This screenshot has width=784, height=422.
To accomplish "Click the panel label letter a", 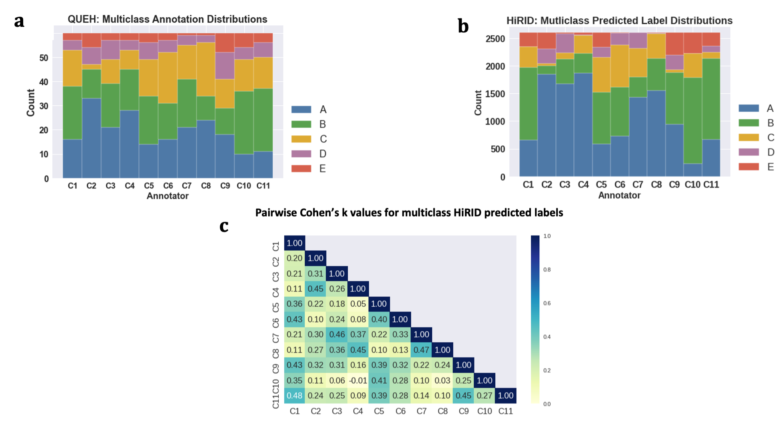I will coord(19,21).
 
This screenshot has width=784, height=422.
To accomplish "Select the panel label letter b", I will coord(463,26).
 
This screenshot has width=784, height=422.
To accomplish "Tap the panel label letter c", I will coord(224,226).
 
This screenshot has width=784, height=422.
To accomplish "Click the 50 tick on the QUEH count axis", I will coord(44,58).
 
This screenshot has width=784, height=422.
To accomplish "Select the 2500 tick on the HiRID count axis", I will coord(495,39).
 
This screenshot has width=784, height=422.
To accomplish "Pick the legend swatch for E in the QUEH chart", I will coord(301,169).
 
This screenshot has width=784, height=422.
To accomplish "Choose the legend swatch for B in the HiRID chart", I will coord(748,123).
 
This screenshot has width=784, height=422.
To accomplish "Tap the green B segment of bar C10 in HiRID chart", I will coord(692,120).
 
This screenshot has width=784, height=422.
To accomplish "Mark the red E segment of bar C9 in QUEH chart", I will coord(225,43).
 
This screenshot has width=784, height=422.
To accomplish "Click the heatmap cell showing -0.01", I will coord(358,380).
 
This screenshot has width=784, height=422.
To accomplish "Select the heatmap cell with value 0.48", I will coord(295,396).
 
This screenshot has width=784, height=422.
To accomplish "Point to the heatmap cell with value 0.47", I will coord(421,350).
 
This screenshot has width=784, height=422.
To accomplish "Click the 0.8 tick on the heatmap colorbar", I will coord(547,270).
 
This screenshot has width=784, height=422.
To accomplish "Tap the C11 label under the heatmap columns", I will coord(506,411).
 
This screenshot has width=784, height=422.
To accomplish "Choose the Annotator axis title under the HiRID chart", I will coord(619,195).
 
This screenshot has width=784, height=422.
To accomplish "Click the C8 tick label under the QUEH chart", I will coord(206,186).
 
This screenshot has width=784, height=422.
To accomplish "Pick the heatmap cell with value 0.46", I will coord(337,334).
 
